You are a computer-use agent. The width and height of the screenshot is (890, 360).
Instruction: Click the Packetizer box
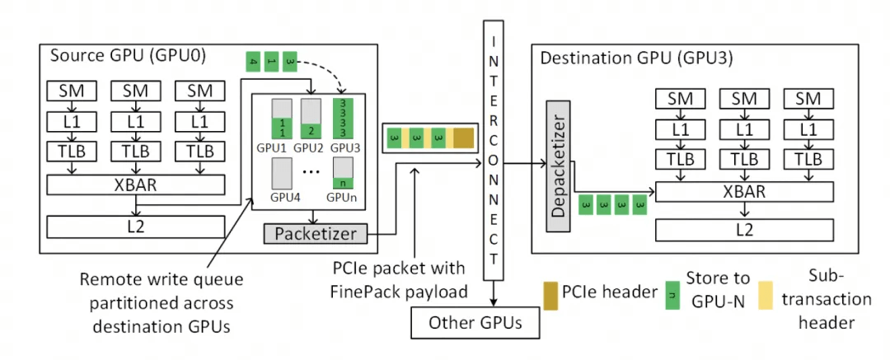[316, 234]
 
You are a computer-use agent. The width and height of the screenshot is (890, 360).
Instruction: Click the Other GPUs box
[475, 322]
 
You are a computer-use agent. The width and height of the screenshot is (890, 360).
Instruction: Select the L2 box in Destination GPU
[744, 230]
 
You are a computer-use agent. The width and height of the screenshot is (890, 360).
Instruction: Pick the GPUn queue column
[340, 175]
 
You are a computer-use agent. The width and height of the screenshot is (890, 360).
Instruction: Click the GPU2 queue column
[311, 119]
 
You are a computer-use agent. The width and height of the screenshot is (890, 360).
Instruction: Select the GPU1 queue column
[281, 119]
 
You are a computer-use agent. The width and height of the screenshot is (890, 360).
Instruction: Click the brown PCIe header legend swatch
[549, 291]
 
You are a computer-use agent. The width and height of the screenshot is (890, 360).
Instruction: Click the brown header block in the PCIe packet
[464, 138]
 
